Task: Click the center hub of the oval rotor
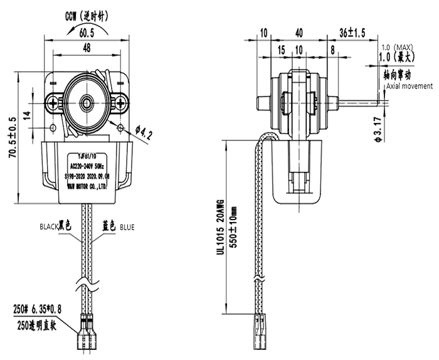[85, 102]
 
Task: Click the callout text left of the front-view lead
[56, 225]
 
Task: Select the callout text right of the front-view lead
[118, 225]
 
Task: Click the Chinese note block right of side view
[398, 63]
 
